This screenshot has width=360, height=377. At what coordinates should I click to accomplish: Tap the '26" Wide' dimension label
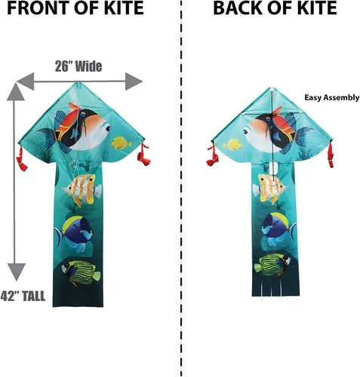[x=78, y=66]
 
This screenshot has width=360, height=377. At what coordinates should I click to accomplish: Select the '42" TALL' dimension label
[x=23, y=296]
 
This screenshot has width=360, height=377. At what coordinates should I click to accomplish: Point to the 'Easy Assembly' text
[x=332, y=98]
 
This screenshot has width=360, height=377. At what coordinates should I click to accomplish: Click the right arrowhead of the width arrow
[x=134, y=81]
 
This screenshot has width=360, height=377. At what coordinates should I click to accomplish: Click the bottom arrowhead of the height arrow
[x=17, y=271]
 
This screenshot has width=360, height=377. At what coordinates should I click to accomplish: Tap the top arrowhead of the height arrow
[x=16, y=92]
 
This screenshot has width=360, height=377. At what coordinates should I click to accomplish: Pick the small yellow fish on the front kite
[x=121, y=143]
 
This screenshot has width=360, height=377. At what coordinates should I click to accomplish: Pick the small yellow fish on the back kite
[x=232, y=145]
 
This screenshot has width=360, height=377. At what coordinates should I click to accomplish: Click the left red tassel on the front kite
[x=21, y=159]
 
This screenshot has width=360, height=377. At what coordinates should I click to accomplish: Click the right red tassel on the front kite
[x=143, y=155]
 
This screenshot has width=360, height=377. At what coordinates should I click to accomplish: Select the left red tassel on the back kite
[x=213, y=156]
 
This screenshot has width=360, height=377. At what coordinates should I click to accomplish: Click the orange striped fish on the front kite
[x=82, y=189]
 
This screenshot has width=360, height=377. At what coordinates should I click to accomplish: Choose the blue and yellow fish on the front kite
[x=75, y=232]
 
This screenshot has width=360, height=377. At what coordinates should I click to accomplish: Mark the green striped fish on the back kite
[x=272, y=265]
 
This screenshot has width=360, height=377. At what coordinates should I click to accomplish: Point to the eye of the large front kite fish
[x=107, y=128]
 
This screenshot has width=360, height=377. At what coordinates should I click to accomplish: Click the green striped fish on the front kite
[x=81, y=273]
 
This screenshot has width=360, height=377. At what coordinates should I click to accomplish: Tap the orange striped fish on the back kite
[x=270, y=188]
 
